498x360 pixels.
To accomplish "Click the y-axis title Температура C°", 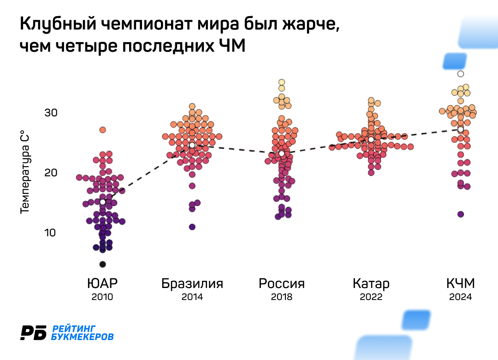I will [25, 173].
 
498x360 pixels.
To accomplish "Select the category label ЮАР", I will [102, 283].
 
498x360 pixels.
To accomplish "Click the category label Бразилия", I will [192, 283].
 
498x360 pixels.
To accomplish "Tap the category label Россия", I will [282, 283].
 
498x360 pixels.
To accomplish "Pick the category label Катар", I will [371, 283].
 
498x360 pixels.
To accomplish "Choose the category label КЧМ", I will [461, 283].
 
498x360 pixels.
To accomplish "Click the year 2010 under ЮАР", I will [102, 297].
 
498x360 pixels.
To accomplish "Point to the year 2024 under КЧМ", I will [461, 297].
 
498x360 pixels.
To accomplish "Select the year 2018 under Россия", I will [282, 297].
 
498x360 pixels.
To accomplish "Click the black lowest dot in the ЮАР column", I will [102, 264].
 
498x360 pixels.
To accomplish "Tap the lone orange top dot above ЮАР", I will [102, 130].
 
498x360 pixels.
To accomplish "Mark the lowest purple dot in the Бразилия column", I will [192, 227].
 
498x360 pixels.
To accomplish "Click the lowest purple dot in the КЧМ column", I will [461, 214].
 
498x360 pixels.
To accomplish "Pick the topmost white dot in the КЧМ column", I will [461, 74].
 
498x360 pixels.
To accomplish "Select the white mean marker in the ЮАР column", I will [102, 202].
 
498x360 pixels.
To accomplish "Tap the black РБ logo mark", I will [34, 332].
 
